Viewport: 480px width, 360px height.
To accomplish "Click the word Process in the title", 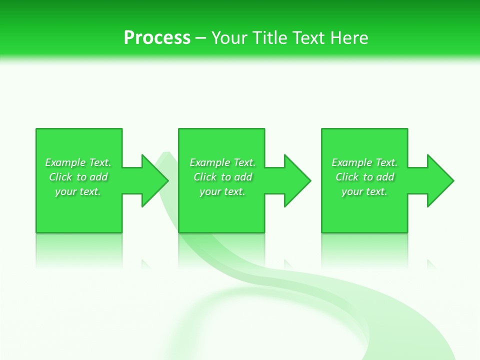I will (x=157, y=38).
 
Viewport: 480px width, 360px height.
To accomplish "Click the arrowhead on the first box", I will (x=155, y=180).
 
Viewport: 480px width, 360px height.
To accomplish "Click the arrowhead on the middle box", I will (x=297, y=180).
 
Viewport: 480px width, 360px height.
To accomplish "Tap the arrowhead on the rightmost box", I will (x=440, y=180).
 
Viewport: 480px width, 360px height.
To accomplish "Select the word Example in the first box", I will (x=65, y=162).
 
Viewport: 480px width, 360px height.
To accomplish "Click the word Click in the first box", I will (x=61, y=177).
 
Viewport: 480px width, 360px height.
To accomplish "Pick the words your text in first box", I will (x=78, y=191).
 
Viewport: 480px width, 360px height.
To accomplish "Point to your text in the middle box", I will (x=222, y=191).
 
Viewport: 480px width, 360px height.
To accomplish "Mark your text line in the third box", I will (x=364, y=191).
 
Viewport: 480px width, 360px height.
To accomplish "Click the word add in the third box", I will (x=385, y=177).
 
